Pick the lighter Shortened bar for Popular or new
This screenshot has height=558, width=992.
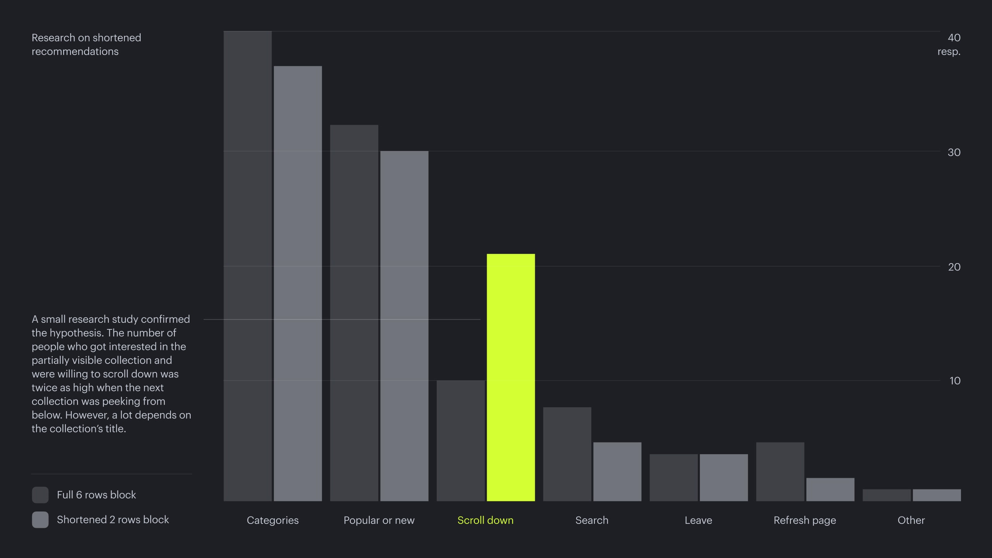[404, 325]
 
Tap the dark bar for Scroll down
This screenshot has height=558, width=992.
[460, 441]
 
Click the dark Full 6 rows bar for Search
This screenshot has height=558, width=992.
[567, 454]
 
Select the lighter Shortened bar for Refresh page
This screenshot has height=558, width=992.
[830, 489]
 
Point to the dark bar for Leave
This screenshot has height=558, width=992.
[673, 477]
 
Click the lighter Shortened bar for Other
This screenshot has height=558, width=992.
[937, 495]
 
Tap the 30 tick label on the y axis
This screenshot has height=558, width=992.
[954, 152]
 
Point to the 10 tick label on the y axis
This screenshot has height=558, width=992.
[955, 381]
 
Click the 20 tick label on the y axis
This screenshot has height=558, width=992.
[954, 267]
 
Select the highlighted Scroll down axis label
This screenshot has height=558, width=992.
[485, 520]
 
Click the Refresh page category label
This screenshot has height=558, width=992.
[804, 520]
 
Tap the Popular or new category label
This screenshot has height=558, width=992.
[379, 520]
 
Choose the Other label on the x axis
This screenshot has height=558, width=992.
[911, 520]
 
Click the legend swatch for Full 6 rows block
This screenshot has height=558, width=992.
[40, 495]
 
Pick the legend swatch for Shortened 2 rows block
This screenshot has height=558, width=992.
[40, 520]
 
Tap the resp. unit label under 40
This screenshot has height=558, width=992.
[949, 52]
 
